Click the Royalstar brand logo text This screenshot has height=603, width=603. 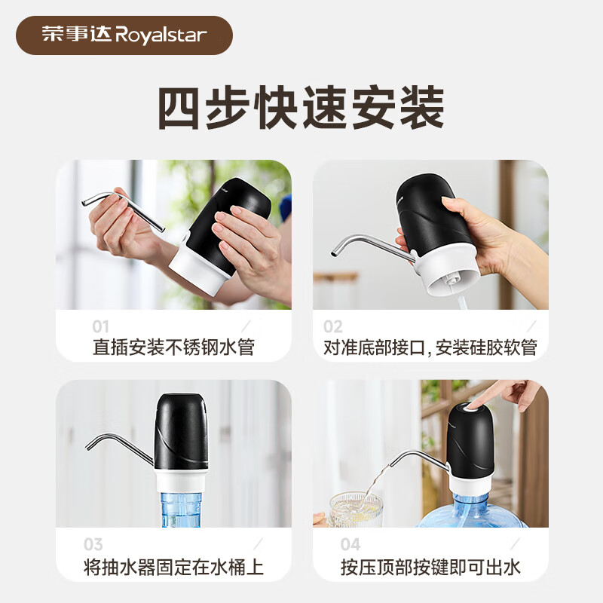pos(124,35)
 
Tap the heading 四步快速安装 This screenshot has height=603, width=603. pos(300,109)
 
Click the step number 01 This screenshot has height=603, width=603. pos(101,326)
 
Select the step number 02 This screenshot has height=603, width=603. pos(333,326)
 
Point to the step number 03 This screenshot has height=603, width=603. pos(93,544)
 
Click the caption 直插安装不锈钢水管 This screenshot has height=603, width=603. pos(173,347)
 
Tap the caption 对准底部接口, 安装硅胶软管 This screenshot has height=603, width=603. pos(430,347)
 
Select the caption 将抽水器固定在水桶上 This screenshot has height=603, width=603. pos(173,566)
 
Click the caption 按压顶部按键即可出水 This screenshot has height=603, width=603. pos(430,566)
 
